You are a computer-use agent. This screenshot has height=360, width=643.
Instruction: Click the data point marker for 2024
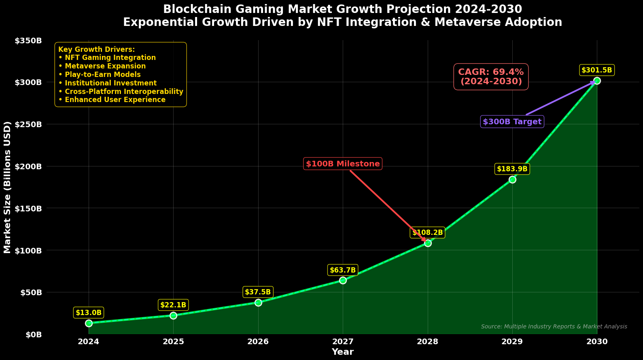(89, 323)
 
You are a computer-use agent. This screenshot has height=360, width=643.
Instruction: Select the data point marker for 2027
(343, 280)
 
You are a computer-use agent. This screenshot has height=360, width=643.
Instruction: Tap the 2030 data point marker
(597, 81)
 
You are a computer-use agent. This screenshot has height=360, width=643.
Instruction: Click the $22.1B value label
(173, 305)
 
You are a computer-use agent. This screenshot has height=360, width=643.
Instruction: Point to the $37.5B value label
(258, 292)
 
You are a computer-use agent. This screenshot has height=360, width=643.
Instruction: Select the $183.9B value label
(512, 169)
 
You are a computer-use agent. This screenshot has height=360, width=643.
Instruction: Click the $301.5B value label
(597, 70)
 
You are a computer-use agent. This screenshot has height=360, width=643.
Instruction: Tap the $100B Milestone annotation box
(343, 164)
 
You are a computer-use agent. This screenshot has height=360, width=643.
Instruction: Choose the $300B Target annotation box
(512, 121)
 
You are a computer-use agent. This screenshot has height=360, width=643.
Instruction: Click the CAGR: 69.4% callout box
(491, 77)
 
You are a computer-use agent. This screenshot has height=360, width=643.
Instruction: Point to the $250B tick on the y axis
(28, 124)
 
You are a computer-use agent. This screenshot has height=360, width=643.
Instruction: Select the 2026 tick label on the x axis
(258, 341)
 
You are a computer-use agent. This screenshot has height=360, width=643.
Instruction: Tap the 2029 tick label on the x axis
(512, 341)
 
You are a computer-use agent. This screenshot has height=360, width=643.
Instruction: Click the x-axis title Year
(343, 352)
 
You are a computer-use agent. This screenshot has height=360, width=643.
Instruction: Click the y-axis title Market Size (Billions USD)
(7, 187)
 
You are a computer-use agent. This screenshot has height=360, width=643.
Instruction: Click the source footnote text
(554, 326)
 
